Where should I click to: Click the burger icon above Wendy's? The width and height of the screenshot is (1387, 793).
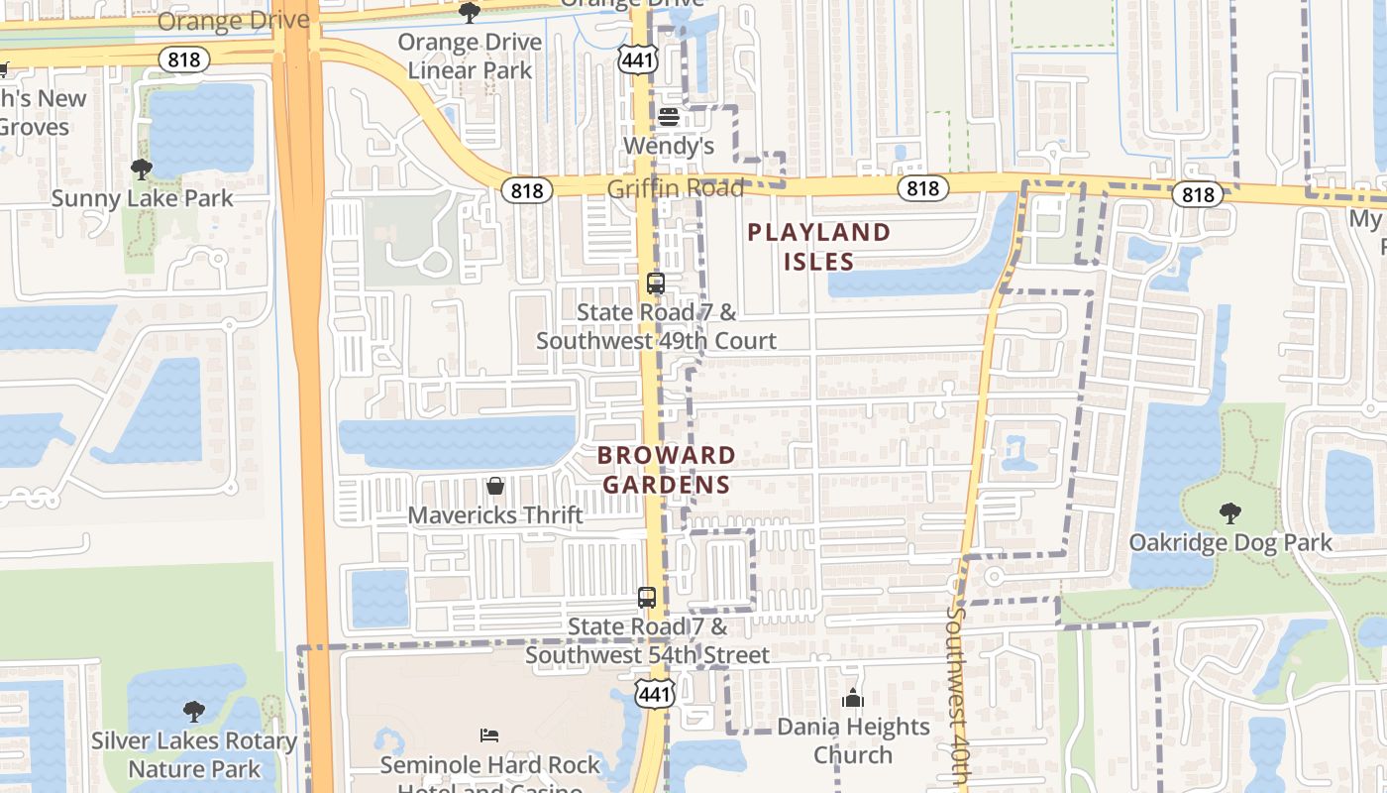pos(669,117)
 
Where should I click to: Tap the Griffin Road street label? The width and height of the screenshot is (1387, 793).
pos(675,188)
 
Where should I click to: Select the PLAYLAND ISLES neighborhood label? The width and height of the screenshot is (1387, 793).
pos(819,247)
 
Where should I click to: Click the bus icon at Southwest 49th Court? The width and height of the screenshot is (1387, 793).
pos(655,283)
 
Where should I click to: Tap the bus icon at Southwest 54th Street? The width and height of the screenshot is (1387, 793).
pos(647,598)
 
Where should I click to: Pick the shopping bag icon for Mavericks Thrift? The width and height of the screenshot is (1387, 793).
pos(495,486)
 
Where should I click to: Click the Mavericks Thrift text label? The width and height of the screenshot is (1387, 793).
pos(495,515)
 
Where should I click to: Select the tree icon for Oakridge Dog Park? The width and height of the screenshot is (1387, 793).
pos(1229,513)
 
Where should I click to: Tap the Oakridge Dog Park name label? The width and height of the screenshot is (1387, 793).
pos(1230,543)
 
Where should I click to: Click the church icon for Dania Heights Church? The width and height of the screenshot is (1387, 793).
pos(853,699)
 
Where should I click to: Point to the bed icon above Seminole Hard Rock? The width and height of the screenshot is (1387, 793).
pos(489,736)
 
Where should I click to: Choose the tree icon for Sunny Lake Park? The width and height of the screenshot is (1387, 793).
pos(142,170)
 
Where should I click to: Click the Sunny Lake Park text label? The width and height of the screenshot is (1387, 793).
pos(142,198)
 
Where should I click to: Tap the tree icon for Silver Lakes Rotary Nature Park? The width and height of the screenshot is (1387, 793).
pos(194,712)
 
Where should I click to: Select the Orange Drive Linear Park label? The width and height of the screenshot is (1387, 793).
pos(470,57)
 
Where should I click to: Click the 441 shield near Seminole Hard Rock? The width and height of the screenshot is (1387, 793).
pos(655,694)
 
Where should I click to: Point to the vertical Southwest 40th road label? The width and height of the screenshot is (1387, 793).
pos(956,694)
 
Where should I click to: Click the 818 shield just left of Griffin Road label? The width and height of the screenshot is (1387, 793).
pos(526,189)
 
